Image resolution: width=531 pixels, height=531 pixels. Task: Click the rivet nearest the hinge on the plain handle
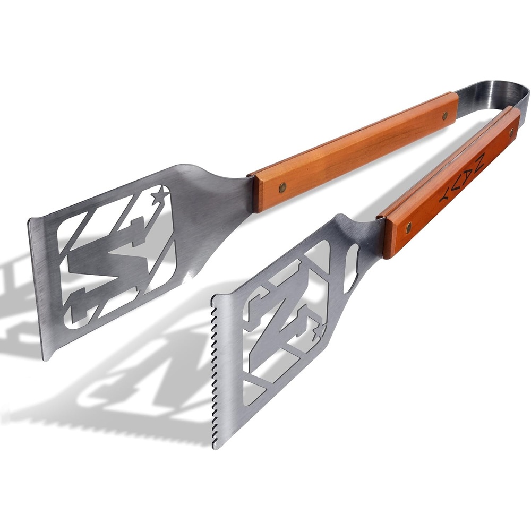[446, 116]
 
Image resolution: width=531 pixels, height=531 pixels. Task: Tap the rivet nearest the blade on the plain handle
[282, 186]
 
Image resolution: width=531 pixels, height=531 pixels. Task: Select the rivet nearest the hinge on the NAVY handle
[512, 132]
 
